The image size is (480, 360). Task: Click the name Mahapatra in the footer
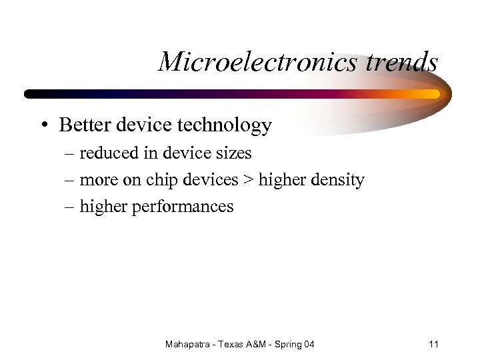[x=189, y=345]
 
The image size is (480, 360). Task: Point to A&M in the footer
[x=260, y=345]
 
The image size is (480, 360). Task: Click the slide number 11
[x=433, y=345]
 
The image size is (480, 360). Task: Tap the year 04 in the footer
[x=309, y=345]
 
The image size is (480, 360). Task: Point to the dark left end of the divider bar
[x=31, y=94]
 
